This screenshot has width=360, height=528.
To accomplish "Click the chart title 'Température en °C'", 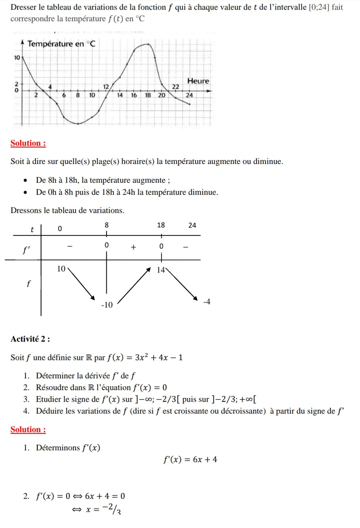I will [x=61, y=44].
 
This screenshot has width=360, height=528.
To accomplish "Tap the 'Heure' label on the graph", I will [x=198, y=81].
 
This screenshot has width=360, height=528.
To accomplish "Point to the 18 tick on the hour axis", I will [x=148, y=95].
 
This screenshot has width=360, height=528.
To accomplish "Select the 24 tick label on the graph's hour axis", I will [x=190, y=95].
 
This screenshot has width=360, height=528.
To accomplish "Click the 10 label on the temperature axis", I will [x=17, y=58].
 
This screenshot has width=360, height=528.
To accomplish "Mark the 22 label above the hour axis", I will [x=175, y=87].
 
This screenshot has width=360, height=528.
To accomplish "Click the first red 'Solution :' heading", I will [x=28, y=143].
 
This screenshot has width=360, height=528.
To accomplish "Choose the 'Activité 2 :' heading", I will [x=30, y=339].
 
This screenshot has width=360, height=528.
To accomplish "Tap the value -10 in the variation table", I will [x=107, y=305].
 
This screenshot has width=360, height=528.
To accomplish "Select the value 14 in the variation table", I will [x=161, y=270].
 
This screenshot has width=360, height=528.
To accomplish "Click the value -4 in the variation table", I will [x=207, y=302].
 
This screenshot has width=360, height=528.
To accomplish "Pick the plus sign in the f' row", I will [x=133, y=247].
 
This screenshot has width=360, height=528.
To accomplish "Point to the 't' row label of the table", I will [x=32, y=230].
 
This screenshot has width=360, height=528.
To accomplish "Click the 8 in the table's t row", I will [x=107, y=225].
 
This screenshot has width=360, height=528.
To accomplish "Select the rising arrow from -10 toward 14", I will [x=134, y=285].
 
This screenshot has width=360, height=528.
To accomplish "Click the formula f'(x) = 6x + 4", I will [x=190, y=459].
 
